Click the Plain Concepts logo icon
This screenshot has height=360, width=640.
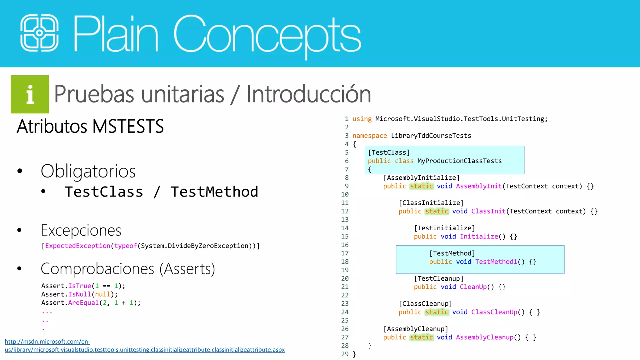[x=39, y=33]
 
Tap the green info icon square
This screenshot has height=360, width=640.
[x=30, y=94]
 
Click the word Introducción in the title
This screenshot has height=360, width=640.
[x=308, y=94]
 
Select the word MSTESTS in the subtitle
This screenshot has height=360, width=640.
[x=128, y=126]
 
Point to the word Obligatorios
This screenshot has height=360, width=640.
[x=88, y=171]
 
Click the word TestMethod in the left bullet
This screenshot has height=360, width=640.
[x=214, y=192]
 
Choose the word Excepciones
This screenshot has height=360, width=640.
[x=81, y=230]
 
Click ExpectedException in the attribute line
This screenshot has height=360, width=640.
[x=78, y=246]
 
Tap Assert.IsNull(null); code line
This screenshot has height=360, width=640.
[x=79, y=294]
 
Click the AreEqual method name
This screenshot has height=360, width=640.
[x=83, y=303]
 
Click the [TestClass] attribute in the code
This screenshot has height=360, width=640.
[x=389, y=152]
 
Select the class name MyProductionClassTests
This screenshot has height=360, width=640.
[x=459, y=161]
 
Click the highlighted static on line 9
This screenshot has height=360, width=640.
[x=421, y=186]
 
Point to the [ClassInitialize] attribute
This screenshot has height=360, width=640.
[x=431, y=203]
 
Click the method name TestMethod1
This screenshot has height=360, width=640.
[x=496, y=262]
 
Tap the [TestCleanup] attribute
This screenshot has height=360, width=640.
[x=439, y=278]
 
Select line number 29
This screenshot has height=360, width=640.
[x=345, y=354]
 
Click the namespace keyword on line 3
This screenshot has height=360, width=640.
[x=369, y=136]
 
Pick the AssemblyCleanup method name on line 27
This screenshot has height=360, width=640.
[x=484, y=337]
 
